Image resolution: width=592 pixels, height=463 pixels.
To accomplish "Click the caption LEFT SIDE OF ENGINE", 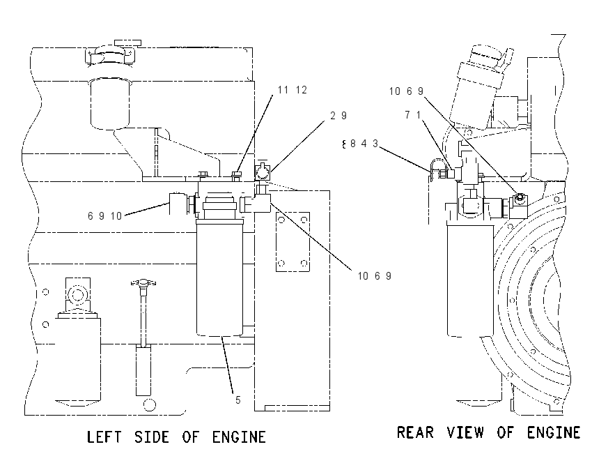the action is click(x=176, y=437).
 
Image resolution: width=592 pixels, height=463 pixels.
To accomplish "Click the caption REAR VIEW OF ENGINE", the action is click(x=488, y=432).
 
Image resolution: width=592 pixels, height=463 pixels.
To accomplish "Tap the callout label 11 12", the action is click(x=293, y=90).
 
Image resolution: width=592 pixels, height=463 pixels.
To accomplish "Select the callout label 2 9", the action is click(x=338, y=116).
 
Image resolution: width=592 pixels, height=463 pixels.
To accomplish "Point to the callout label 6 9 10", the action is click(x=104, y=216).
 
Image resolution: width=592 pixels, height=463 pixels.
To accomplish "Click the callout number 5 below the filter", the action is click(x=238, y=400).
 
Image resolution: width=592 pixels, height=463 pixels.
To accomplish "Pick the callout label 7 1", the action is click(x=413, y=114).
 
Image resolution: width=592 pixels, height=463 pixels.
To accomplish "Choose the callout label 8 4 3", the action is click(x=360, y=144).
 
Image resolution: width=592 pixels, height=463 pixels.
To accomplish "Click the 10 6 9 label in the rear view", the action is click(x=406, y=91).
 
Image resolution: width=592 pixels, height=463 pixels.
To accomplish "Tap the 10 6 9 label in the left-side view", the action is click(x=375, y=276).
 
